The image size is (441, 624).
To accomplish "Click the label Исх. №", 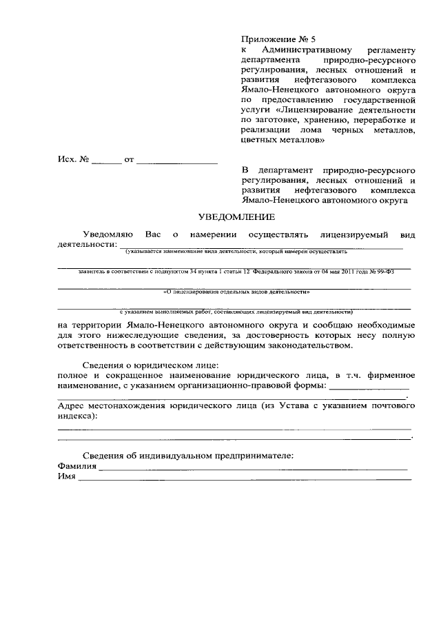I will [74, 160].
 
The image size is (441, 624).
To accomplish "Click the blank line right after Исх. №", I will [106, 162].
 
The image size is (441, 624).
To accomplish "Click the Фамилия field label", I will [77, 466].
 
